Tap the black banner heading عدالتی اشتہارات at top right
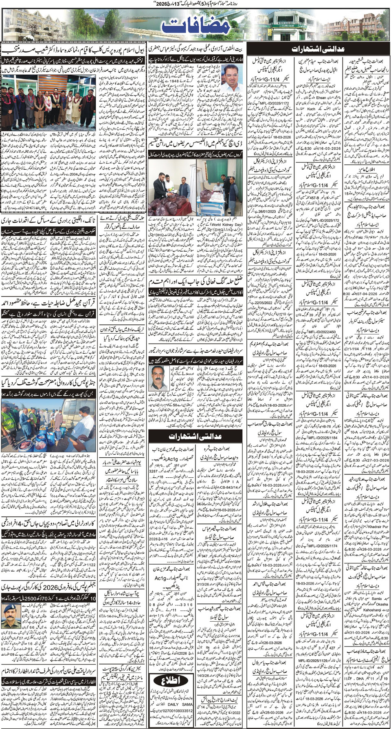318,49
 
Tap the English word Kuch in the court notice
311,109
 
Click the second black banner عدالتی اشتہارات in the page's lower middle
197,436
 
